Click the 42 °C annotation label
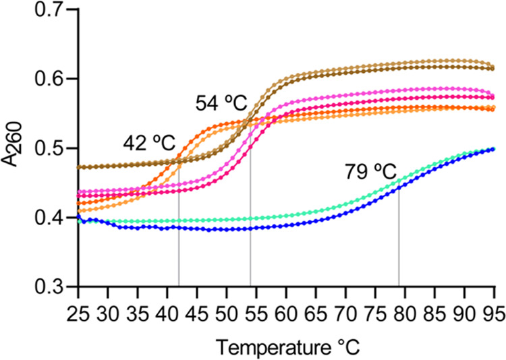click(148, 143)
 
